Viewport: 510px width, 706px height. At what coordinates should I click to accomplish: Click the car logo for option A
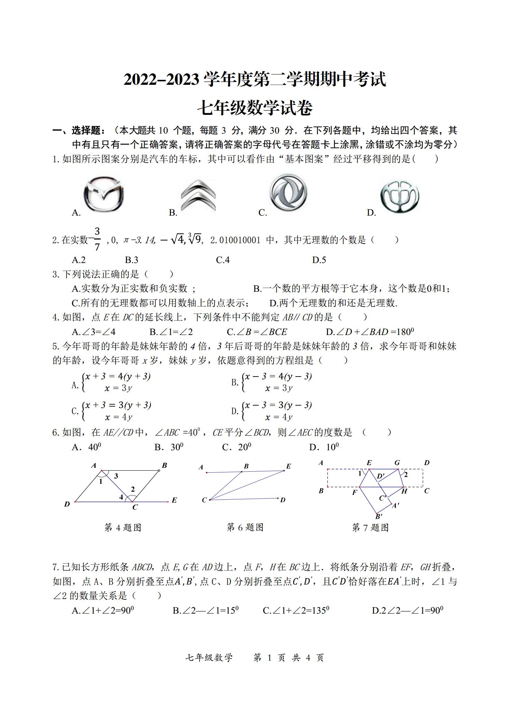click(x=103, y=194)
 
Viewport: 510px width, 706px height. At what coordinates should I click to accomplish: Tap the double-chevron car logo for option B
click(x=198, y=196)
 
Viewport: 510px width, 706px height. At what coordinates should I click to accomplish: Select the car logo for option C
click(x=288, y=192)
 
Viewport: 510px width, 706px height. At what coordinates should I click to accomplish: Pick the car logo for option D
click(x=400, y=196)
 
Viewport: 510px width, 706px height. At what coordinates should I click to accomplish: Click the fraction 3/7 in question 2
click(x=97, y=239)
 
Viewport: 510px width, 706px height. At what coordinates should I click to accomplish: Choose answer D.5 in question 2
click(x=319, y=260)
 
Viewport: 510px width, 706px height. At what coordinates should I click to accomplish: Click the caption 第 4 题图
click(x=122, y=528)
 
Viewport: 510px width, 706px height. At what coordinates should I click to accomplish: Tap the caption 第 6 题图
click(x=245, y=527)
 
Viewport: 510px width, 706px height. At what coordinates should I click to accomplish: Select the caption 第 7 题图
click(x=370, y=528)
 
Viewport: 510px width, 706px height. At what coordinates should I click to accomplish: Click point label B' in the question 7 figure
click(x=379, y=517)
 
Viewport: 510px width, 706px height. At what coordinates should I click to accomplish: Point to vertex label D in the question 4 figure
click(x=67, y=504)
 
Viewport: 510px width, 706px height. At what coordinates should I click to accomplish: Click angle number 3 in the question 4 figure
click(x=116, y=476)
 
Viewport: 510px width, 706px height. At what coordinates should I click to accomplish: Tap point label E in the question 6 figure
click(x=289, y=466)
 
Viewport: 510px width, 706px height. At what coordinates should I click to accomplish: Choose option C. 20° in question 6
click(x=237, y=447)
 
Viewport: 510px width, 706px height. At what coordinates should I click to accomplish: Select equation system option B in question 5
click(x=272, y=382)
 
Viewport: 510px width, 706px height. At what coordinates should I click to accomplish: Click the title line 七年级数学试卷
click(x=255, y=108)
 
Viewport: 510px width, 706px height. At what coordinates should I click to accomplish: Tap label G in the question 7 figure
click(x=397, y=463)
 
